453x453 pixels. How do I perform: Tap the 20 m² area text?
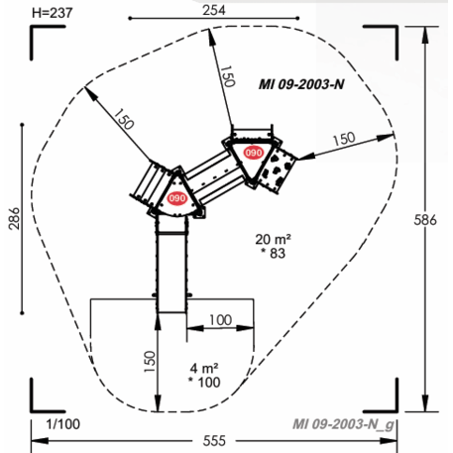point(272,239)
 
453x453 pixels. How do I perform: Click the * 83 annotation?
point(272,254)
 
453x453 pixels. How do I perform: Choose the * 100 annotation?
point(203,382)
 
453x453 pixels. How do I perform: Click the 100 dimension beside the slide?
point(220,319)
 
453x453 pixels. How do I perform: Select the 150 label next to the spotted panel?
point(343,140)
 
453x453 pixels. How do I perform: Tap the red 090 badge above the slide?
point(178,198)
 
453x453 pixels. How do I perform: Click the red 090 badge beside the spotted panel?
point(253,154)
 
